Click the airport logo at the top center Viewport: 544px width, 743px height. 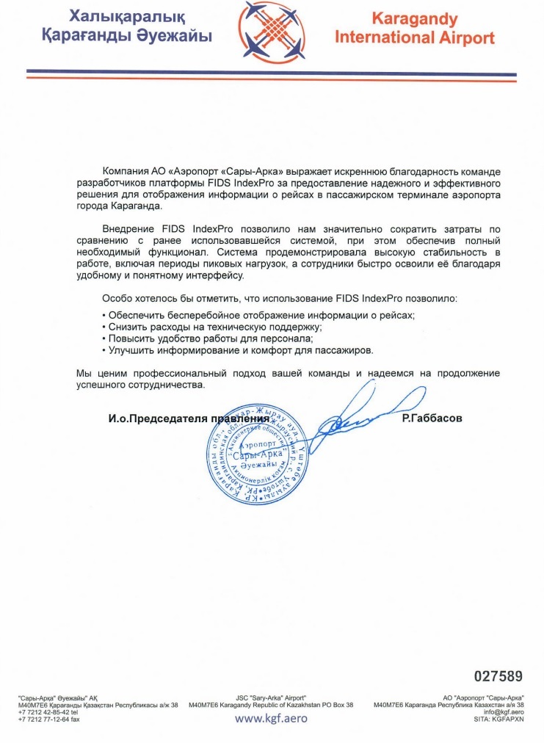coord(272,31)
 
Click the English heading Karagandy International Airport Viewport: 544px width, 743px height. coord(415,28)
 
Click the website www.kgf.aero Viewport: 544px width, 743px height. coord(272,718)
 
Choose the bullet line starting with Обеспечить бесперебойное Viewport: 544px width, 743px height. coord(258,314)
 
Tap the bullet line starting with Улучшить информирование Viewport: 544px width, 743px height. coord(237,351)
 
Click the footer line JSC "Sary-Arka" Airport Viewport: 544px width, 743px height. coord(272,697)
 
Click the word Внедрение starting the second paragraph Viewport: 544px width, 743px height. coord(129,229)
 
